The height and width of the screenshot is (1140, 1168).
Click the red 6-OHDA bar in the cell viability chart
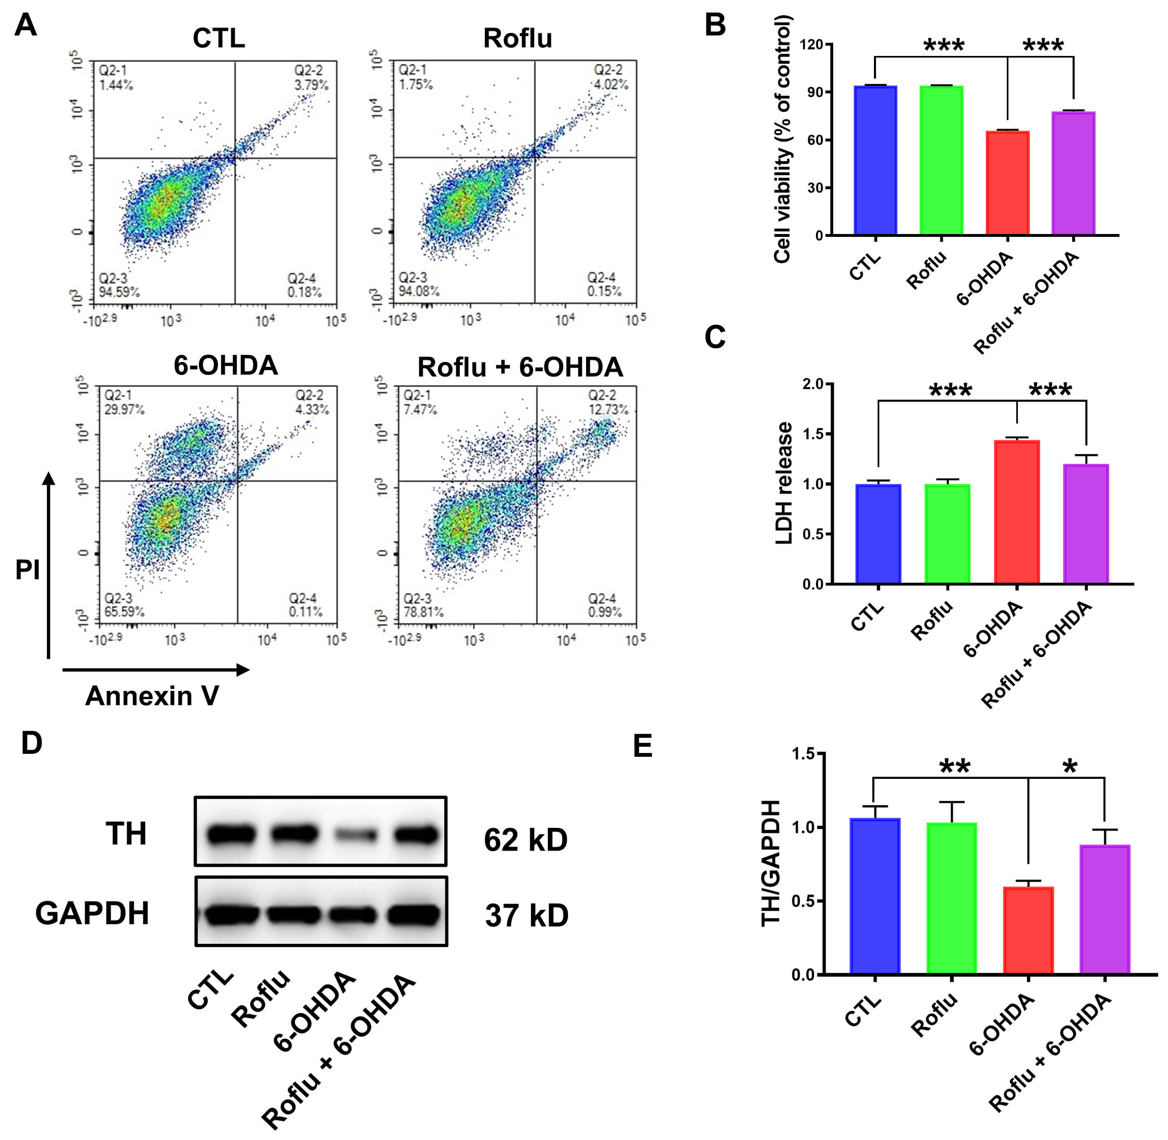tap(1007, 183)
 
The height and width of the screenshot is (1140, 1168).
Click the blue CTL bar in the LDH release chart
tap(878, 533)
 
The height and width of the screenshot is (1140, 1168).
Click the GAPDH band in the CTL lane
tap(231, 914)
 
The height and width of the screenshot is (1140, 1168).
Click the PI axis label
tap(28, 570)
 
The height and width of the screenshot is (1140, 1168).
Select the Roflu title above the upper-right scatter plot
tap(517, 38)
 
